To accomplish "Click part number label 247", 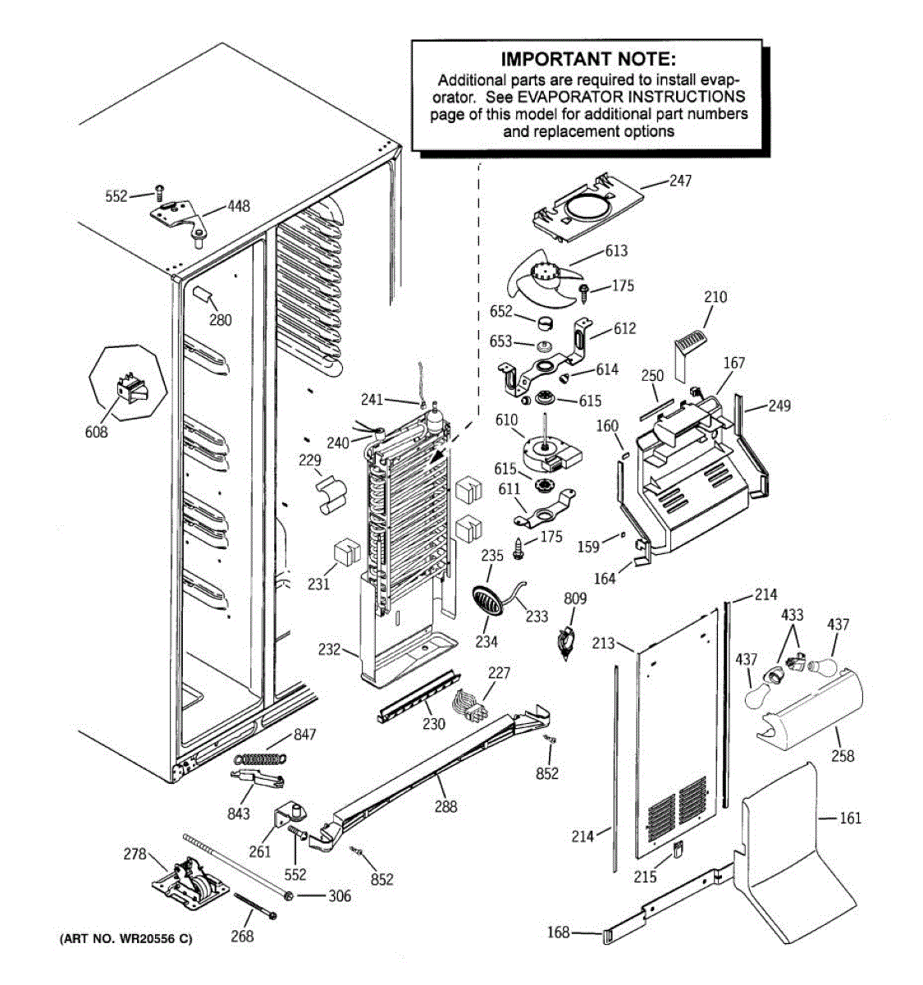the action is pyautogui.click(x=680, y=181).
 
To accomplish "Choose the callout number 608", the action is pyautogui.click(x=96, y=433).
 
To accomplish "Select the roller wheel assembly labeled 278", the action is pyautogui.click(x=190, y=884).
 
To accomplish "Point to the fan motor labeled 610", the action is pyautogui.click(x=551, y=451).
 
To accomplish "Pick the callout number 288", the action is pyautogui.click(x=446, y=807).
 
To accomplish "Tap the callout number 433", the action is pyautogui.click(x=792, y=615).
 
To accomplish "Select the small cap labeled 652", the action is pyautogui.click(x=545, y=324).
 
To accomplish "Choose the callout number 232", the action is pyautogui.click(x=329, y=649).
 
